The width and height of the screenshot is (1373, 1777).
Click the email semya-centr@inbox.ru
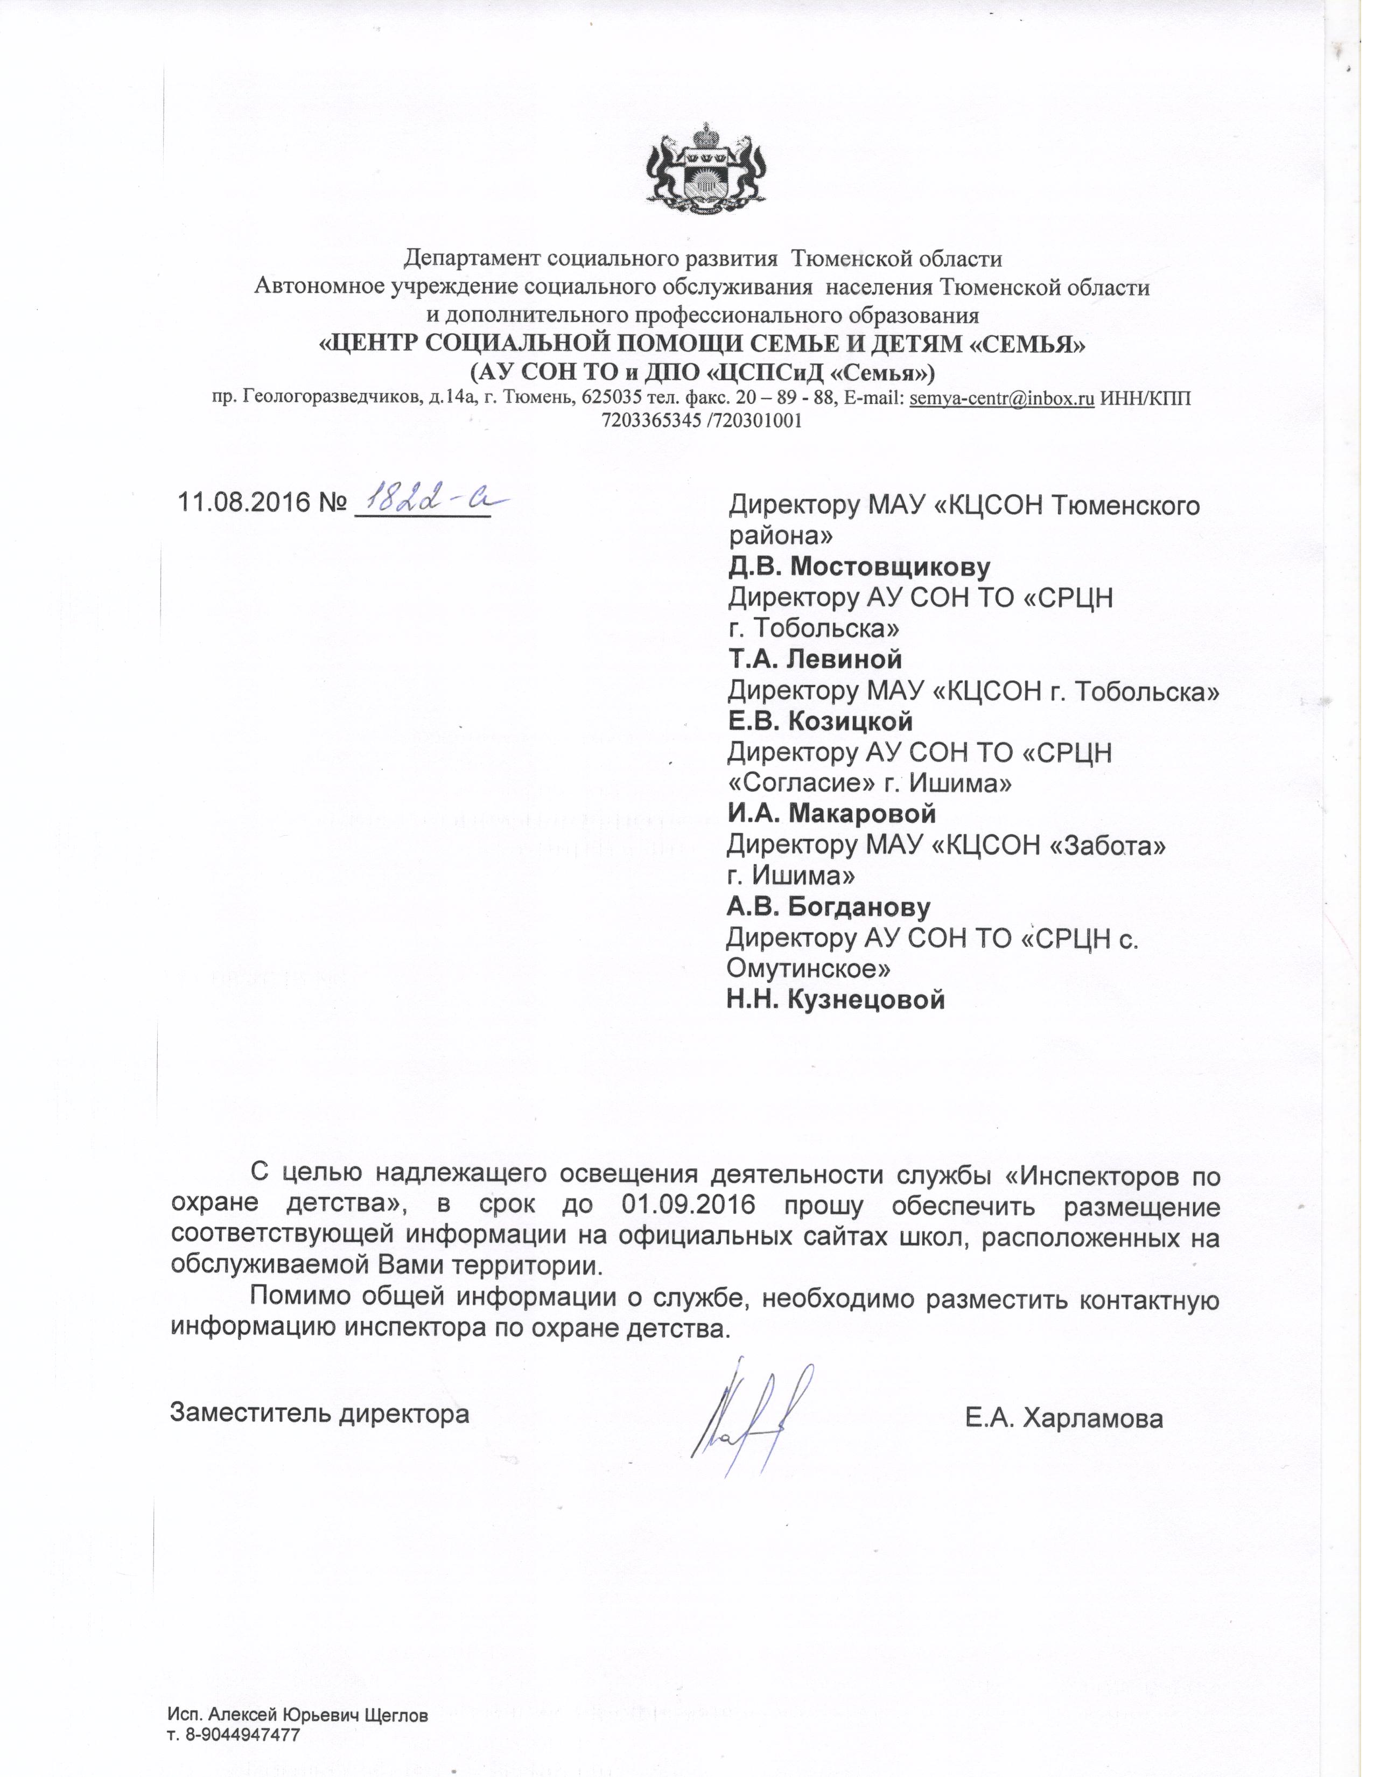point(1001,398)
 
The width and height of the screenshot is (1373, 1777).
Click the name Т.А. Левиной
point(814,659)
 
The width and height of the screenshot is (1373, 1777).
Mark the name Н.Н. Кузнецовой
point(835,999)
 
